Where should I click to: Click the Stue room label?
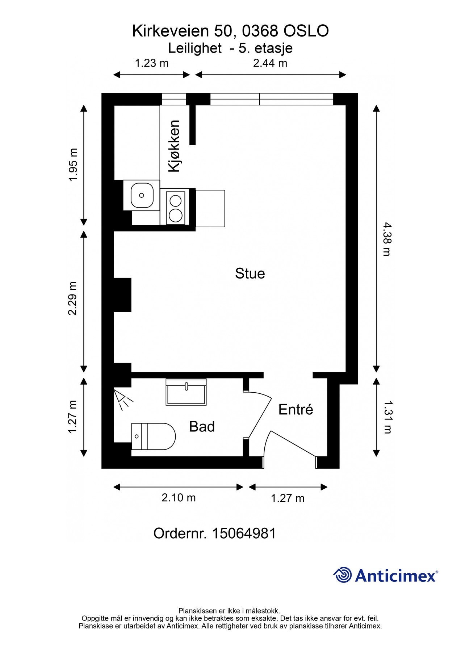250,273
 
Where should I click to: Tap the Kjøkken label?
174,146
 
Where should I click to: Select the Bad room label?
202,427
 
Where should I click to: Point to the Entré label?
296,409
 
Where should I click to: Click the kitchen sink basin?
142,195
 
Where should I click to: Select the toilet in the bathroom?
153,436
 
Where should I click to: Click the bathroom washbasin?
186,392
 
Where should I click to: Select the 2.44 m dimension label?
270,63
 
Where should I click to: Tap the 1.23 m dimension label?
152,63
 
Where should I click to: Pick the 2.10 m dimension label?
179,498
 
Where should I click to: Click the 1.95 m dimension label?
73,165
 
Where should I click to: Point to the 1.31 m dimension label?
387,417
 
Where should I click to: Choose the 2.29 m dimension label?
73,298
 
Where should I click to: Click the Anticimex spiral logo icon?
343,575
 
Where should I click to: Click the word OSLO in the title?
306,31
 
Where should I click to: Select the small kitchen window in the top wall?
173,99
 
